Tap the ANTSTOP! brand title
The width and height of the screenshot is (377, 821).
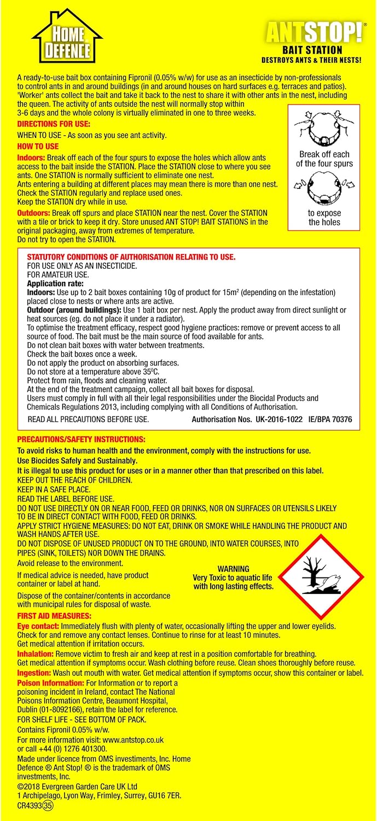point(314,33)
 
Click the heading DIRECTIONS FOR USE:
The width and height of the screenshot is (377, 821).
point(54,124)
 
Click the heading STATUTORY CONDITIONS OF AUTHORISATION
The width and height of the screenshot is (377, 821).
point(131,257)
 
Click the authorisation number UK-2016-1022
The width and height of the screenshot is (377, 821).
point(275,420)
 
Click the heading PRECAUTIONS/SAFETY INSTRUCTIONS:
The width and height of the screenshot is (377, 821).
point(81,440)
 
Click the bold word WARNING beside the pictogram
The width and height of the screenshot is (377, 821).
point(233,569)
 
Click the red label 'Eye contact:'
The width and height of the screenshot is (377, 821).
point(38,626)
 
